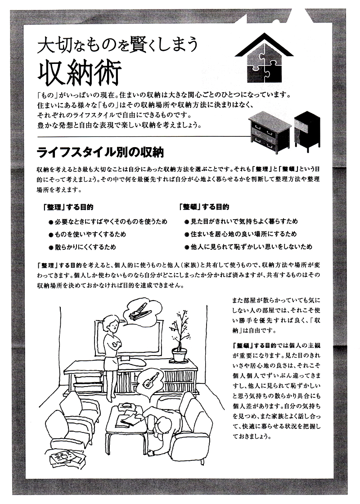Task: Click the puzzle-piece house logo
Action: pos(264,58)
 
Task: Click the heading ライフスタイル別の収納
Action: pos(100,153)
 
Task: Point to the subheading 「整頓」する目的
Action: pos(204,207)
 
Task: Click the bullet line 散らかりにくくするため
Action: pos(82,247)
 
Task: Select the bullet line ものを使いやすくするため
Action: pos(87,234)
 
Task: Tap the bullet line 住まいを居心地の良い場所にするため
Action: pos(240,234)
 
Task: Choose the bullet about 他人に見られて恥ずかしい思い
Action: pos(248,247)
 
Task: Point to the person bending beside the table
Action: pos(161,428)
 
